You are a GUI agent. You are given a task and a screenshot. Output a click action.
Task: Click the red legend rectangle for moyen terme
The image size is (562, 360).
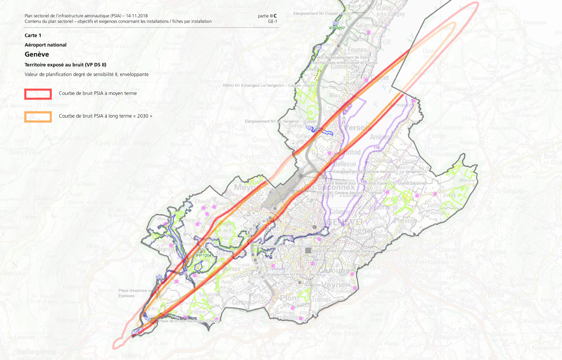(x=38, y=93)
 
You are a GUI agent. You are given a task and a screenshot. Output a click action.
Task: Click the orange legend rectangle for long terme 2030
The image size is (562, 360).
(x=38, y=116)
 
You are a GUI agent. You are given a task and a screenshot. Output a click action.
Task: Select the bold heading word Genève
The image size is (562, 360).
(x=37, y=54)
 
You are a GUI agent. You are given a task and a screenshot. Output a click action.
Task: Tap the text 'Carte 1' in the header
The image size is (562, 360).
(x=33, y=35)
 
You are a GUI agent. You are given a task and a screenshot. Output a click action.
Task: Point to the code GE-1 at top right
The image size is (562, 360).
(x=272, y=22)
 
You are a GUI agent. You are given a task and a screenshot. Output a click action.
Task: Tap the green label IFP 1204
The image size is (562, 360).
(x=203, y=256)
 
